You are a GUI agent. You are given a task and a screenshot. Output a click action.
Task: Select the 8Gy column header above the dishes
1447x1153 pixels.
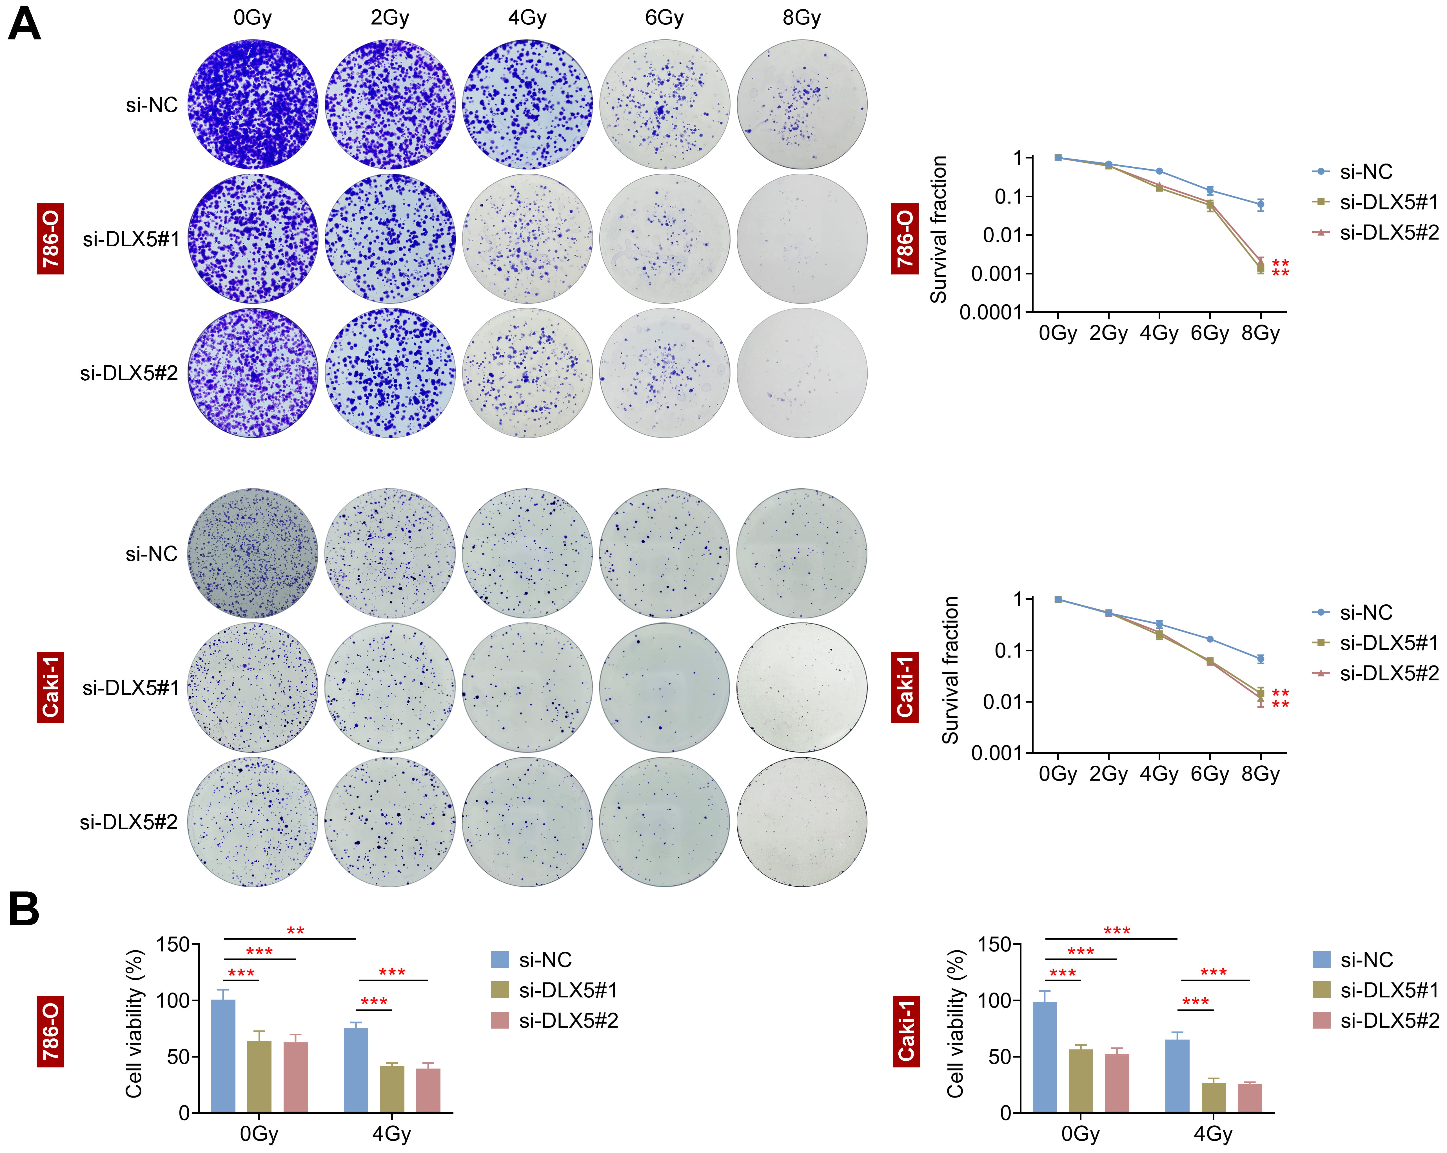[x=801, y=17]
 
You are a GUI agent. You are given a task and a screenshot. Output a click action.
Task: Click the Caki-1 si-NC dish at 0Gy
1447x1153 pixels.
[x=252, y=553]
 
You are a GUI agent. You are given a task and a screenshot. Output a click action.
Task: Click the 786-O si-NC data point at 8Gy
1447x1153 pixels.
[x=1260, y=204]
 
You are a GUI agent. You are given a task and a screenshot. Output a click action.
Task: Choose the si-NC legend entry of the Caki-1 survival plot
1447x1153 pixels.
[x=1366, y=612]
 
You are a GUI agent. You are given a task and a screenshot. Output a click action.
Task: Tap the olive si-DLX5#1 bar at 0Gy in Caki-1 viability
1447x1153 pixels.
[x=1081, y=1081]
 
